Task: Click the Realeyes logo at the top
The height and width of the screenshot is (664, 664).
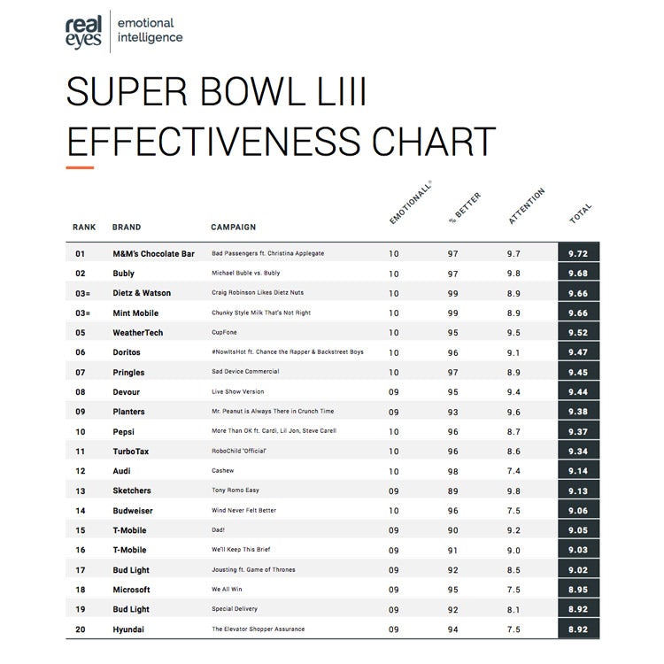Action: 83,30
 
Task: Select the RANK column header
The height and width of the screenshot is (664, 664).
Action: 84,228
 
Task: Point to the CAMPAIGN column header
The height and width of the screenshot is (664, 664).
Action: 233,228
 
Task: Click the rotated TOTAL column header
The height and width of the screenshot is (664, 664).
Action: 581,213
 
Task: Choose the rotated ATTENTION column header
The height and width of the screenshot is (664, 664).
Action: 527,206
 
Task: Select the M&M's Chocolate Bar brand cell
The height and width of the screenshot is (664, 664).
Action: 153,254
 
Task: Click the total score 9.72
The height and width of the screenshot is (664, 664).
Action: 578,254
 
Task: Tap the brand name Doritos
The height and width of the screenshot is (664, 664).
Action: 127,352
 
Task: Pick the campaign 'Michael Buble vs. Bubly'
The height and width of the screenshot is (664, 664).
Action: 245,274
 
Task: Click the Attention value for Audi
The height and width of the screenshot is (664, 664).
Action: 513,471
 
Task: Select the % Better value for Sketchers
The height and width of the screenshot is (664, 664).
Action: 453,490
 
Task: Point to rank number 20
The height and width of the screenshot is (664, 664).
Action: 81,629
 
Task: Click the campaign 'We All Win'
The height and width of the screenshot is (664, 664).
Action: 227,590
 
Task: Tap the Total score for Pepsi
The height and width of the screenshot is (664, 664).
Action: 578,431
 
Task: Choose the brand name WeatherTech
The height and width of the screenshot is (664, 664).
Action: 137,333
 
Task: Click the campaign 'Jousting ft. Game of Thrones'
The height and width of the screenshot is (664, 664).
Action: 253,569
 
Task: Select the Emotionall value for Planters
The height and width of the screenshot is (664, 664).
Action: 394,412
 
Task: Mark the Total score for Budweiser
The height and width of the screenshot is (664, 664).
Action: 578,510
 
